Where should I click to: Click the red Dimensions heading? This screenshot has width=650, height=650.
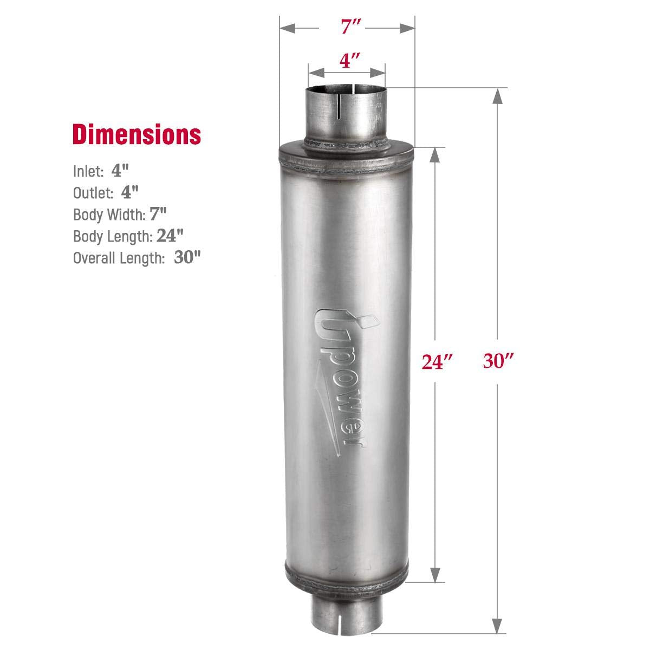pyautogui.click(x=136, y=134)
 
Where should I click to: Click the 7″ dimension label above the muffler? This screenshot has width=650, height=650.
pyautogui.click(x=347, y=27)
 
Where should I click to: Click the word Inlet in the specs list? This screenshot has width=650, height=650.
pyautogui.click(x=88, y=171)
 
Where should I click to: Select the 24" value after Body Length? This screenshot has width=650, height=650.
pyautogui.click(x=170, y=236)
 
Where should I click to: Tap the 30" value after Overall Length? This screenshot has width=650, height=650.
pyautogui.click(x=187, y=257)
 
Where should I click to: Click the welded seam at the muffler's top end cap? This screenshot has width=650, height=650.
pyautogui.click(x=347, y=157)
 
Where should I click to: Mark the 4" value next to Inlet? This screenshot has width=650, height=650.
pyautogui.click(x=121, y=171)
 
